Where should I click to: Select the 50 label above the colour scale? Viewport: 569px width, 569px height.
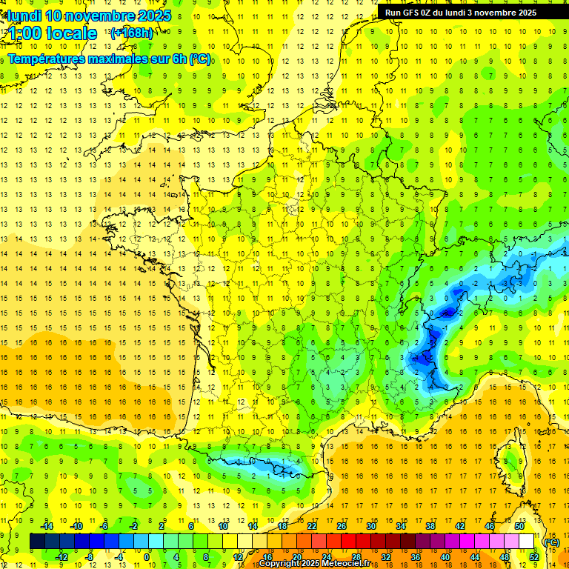519,526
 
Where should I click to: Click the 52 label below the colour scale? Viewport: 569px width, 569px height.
534,556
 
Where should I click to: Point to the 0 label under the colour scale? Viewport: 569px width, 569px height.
147,556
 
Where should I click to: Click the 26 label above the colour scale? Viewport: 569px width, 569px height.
342,526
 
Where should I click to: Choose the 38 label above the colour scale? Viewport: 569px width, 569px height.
430,526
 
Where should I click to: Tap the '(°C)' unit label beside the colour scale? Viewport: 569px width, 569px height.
551,542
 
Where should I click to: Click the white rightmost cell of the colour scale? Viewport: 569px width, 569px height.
527,542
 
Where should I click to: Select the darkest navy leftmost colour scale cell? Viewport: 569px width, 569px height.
37,542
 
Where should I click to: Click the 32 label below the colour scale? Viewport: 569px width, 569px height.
386,556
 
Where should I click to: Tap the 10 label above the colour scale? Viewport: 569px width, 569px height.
223,526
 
